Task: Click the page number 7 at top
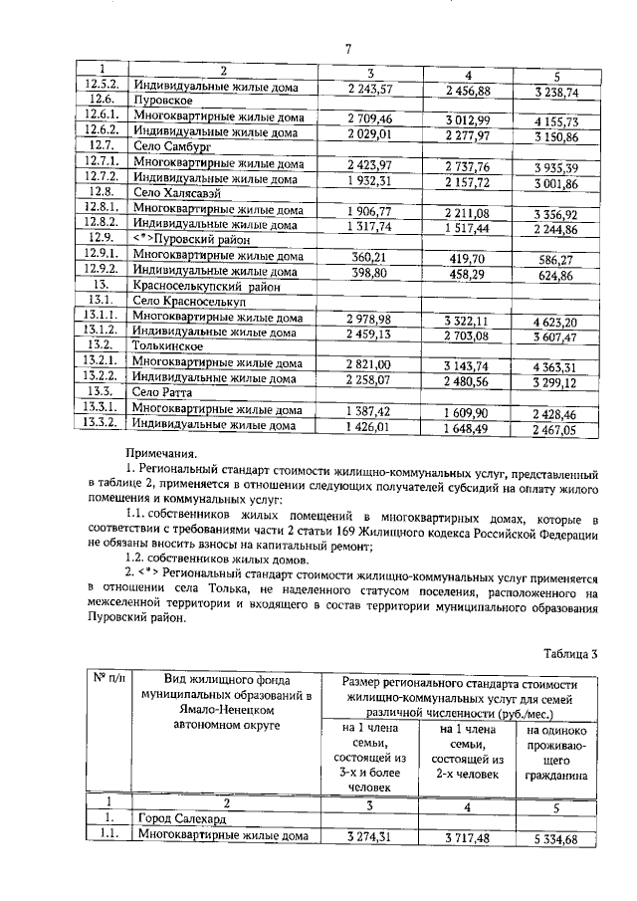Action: pos(348,50)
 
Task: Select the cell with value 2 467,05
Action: pos(555,428)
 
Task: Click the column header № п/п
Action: pos(106,680)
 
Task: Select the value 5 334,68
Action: pos(555,838)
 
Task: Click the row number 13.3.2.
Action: pos(102,426)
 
